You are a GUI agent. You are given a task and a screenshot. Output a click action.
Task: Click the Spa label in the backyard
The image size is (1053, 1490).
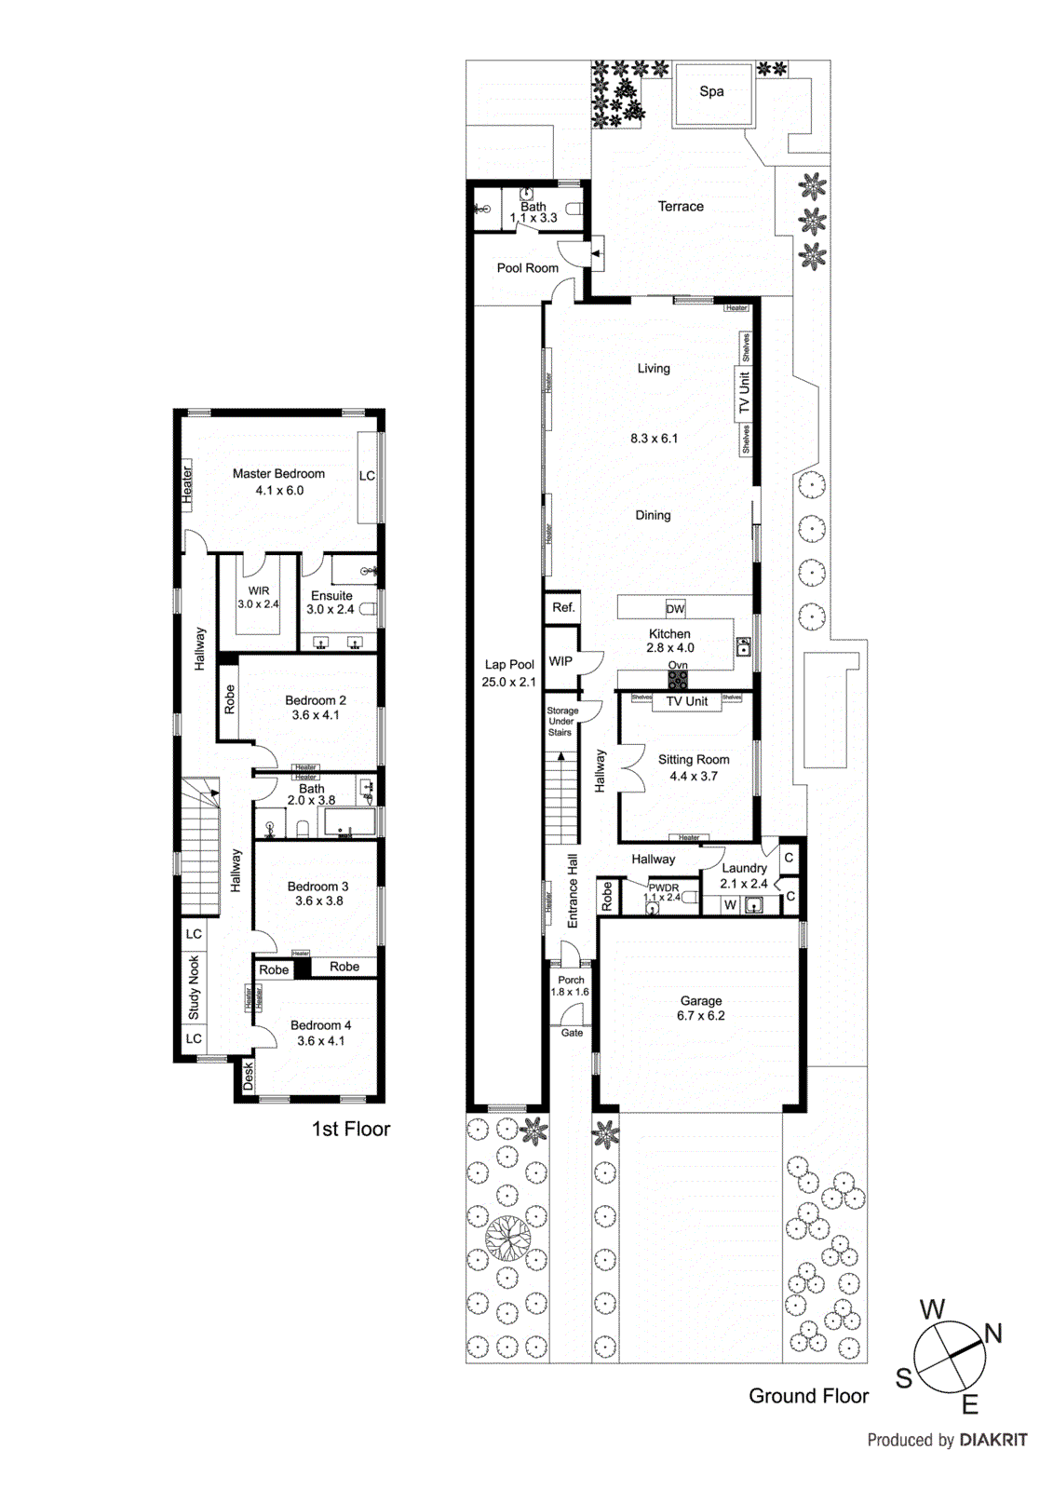click(711, 91)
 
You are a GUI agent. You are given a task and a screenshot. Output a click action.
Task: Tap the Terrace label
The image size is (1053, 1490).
click(681, 207)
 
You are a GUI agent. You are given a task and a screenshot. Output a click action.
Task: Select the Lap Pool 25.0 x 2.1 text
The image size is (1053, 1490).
click(508, 673)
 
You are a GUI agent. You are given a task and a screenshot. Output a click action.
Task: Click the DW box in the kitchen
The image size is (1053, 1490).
click(675, 609)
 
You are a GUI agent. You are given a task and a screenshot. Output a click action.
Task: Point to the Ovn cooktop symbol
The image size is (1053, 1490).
click(678, 679)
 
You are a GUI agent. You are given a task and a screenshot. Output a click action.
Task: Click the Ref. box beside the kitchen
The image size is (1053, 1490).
click(563, 607)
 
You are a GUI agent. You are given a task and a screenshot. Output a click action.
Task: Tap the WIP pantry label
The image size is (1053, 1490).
click(560, 661)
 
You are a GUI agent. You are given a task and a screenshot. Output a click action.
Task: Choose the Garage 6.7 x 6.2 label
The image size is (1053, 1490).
click(700, 1009)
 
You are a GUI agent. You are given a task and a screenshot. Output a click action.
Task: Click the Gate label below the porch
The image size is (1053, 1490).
click(572, 1033)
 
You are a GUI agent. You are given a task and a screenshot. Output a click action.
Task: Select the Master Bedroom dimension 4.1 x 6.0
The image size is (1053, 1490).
click(279, 491)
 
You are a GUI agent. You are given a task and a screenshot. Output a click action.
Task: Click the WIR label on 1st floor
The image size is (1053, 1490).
click(259, 590)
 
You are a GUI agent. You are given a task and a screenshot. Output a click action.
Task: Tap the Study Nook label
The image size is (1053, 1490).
click(194, 987)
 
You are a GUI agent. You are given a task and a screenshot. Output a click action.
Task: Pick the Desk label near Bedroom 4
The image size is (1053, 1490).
click(248, 1077)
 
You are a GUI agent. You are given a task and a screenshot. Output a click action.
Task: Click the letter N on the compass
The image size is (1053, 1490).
click(992, 1334)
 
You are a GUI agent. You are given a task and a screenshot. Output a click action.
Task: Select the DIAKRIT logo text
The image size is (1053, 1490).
click(993, 1440)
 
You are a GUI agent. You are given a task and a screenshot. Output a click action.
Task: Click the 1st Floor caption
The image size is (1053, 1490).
click(350, 1129)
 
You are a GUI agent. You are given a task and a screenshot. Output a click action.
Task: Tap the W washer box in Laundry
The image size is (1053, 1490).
click(730, 904)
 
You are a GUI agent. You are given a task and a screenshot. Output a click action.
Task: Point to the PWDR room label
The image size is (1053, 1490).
click(664, 887)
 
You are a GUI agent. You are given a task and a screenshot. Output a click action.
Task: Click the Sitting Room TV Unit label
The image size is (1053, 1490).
click(687, 701)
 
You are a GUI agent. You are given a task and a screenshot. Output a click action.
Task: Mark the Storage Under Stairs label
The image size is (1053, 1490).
click(561, 722)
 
